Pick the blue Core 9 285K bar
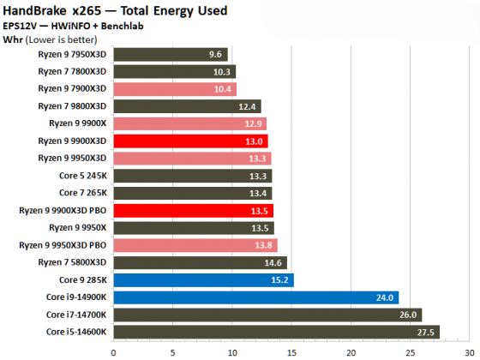pos(203,279)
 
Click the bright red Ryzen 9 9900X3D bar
pos(190,141)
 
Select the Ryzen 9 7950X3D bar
pos(170,54)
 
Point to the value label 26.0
pos(408,315)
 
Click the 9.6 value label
pos(215,54)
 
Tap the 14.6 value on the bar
pos(273,262)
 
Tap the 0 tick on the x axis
pos(113,350)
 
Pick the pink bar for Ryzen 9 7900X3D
pos(174,89)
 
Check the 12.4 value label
pos(248,106)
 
